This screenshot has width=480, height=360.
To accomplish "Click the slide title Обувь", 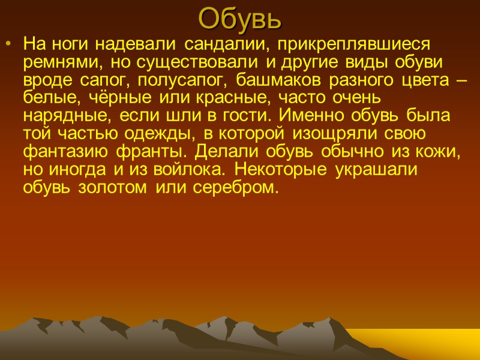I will pyautogui.click(x=240, y=19).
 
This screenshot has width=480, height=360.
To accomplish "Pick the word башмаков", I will pyautogui.click(x=275, y=79).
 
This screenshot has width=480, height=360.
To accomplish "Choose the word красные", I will pyautogui.click(x=200, y=97).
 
